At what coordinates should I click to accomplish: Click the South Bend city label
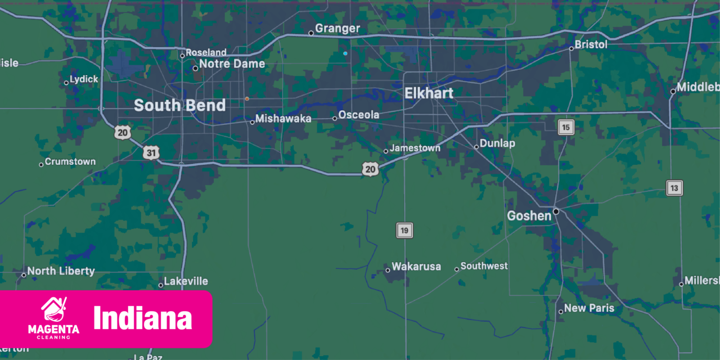(x=179, y=105)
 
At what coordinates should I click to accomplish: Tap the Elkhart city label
(x=429, y=93)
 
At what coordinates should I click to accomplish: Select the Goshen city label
(x=529, y=216)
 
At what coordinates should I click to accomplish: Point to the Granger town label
(x=337, y=29)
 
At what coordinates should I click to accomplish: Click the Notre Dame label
(x=232, y=64)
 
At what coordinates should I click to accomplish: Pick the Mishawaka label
(x=283, y=119)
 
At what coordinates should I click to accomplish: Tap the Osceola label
(x=358, y=115)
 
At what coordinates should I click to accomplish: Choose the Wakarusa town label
(x=416, y=267)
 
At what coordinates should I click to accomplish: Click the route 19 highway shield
(x=404, y=230)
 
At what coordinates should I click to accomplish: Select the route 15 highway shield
(x=566, y=127)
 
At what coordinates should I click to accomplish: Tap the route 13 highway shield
(x=674, y=188)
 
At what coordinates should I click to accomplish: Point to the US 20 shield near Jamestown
(x=370, y=168)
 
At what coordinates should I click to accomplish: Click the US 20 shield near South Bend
(x=123, y=133)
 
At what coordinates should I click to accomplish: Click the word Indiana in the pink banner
(x=143, y=318)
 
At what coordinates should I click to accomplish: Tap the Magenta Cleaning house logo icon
(x=53, y=310)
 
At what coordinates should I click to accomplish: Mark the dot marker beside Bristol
(x=571, y=48)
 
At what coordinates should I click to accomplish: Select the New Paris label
(x=589, y=308)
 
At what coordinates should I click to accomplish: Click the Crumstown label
(x=70, y=162)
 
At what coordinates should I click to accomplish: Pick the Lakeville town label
(x=186, y=281)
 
